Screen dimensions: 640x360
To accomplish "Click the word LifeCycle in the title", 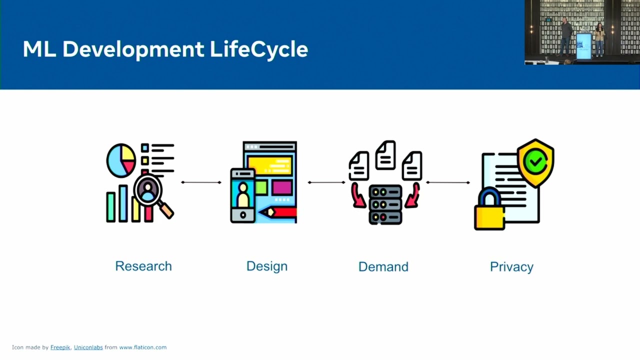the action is pyautogui.click(x=259, y=49).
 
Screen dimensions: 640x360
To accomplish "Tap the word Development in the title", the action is pyautogui.click(x=133, y=49).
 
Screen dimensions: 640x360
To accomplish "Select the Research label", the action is pyautogui.click(x=143, y=266).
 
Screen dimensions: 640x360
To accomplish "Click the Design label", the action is pyautogui.click(x=267, y=267).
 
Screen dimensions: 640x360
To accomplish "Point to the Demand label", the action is pyautogui.click(x=383, y=267).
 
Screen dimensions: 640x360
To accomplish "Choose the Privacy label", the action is pyautogui.click(x=511, y=267).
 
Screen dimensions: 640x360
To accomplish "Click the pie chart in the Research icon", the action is pyautogui.click(x=121, y=160).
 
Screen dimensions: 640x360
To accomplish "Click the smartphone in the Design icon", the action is pyautogui.click(x=243, y=196).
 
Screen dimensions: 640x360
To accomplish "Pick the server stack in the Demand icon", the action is pyautogui.click(x=385, y=205).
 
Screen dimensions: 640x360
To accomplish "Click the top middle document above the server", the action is pyautogui.click(x=385, y=155).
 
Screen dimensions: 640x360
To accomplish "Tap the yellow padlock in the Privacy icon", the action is pyautogui.click(x=489, y=209).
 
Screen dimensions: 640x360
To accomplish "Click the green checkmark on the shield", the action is pyautogui.click(x=535, y=161).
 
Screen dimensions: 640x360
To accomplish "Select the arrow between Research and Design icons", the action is pyautogui.click(x=201, y=182).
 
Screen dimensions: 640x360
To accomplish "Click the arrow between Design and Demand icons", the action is pyautogui.click(x=326, y=182).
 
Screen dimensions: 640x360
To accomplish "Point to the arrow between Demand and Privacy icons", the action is pyautogui.click(x=448, y=182).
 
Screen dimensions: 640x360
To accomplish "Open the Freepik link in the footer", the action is pyautogui.click(x=60, y=347).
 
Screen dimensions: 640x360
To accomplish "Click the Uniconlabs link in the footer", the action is pyautogui.click(x=88, y=347).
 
